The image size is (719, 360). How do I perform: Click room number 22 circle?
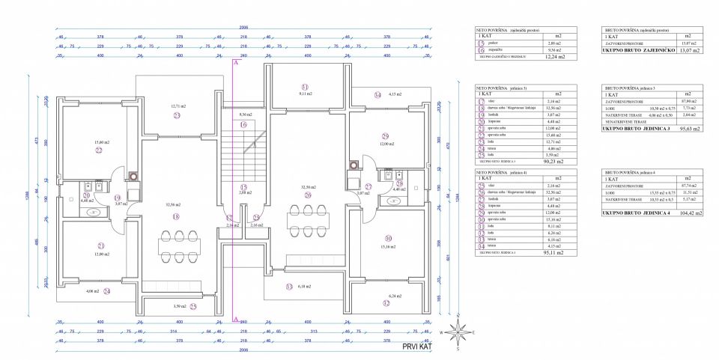(x=98, y=150)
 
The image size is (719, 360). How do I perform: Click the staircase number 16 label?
(x=243, y=124)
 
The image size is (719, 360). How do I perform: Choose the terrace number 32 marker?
(x=386, y=303)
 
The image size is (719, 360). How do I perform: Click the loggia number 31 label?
(x=305, y=86)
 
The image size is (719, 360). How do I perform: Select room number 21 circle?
(x=98, y=245)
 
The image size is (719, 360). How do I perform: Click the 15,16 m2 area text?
(x=387, y=246)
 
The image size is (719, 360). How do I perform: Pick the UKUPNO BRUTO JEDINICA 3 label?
(x=636, y=129)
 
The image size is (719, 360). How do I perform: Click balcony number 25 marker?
(x=192, y=306)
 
